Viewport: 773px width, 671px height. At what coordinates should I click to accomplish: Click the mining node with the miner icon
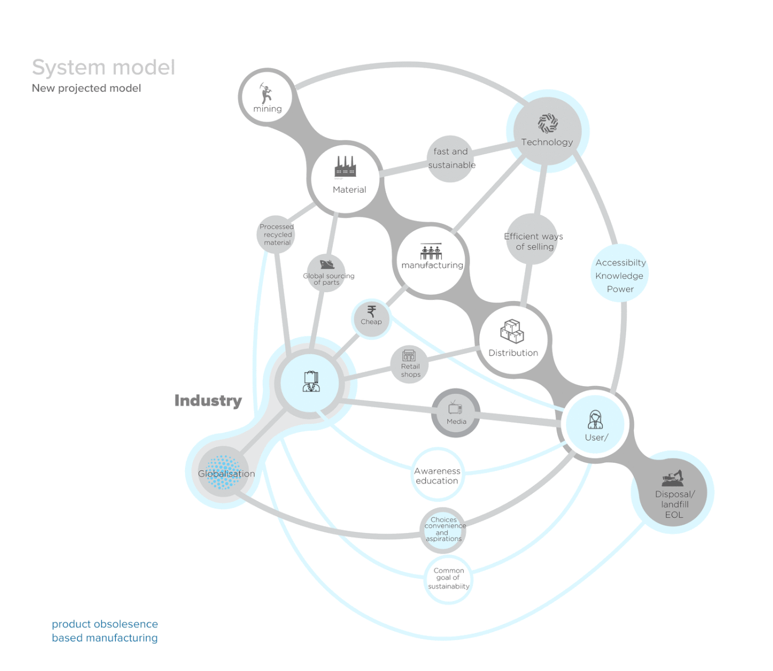pyautogui.click(x=267, y=97)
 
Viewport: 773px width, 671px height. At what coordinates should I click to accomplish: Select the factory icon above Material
pyautogui.click(x=345, y=166)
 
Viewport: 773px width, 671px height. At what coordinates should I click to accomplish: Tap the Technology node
pyautogui.click(x=547, y=131)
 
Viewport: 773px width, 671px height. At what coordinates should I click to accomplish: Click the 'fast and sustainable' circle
pyautogui.click(x=451, y=158)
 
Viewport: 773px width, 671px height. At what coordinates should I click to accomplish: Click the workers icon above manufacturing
pyautogui.click(x=431, y=252)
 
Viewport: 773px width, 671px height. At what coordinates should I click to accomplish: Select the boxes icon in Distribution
pyautogui.click(x=512, y=331)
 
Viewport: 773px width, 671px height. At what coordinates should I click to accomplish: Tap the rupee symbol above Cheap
pyautogui.click(x=372, y=311)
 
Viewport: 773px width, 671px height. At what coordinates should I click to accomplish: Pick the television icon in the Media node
pyautogui.click(x=455, y=408)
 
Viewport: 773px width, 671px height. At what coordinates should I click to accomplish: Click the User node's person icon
pyautogui.click(x=595, y=420)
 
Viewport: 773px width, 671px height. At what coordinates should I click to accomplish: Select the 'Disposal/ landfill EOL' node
pyautogui.click(x=674, y=494)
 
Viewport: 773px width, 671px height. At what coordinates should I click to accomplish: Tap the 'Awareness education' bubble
pyautogui.click(x=437, y=475)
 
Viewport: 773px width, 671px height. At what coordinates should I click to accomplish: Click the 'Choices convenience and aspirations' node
pyautogui.click(x=443, y=530)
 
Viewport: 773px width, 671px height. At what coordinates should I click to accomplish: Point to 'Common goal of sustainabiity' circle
pyautogui.click(x=448, y=578)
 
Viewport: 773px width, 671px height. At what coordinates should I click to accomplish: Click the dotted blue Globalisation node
pyautogui.click(x=223, y=472)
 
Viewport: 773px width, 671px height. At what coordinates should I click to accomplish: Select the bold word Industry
pyautogui.click(x=208, y=400)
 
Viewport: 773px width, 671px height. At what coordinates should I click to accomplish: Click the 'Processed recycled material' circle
pyautogui.click(x=276, y=235)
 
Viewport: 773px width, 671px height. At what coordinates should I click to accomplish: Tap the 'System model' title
pyautogui.click(x=103, y=67)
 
